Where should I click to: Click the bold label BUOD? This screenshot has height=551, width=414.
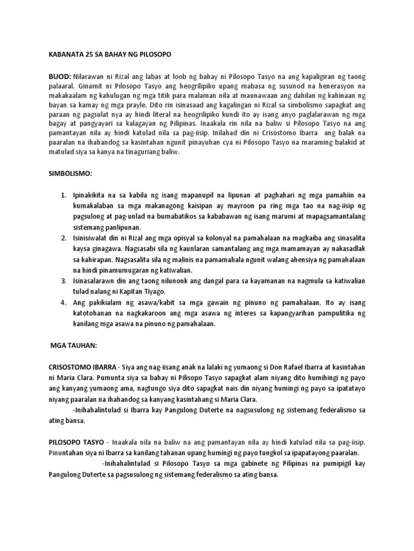click(x=60, y=79)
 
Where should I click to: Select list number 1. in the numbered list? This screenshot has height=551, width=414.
click(x=63, y=194)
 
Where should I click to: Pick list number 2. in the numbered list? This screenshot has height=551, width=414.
click(x=63, y=237)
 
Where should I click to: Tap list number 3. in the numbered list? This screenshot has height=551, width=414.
click(x=63, y=280)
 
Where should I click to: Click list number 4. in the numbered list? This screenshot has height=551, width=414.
click(x=63, y=302)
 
